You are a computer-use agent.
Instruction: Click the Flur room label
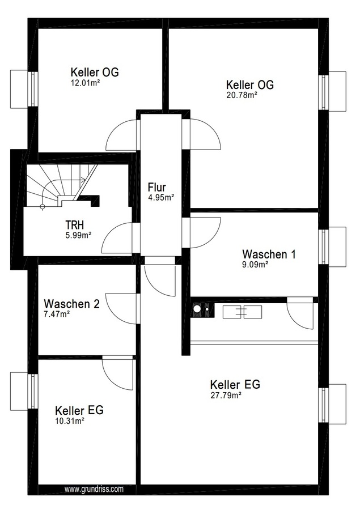pyautogui.click(x=156, y=188)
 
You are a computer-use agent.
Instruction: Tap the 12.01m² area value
pyautogui.click(x=85, y=83)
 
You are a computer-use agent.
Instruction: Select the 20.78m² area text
pyautogui.click(x=242, y=95)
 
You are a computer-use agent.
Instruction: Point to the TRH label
pyautogui.click(x=74, y=225)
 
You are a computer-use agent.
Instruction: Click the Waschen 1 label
pyautogui.click(x=269, y=254)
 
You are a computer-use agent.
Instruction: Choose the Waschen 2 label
pyautogui.click(x=71, y=304)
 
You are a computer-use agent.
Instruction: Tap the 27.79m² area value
pyautogui.click(x=226, y=395)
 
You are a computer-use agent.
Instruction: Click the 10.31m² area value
pyautogui.click(x=70, y=421)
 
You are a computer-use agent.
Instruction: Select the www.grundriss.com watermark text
pyautogui.click(x=94, y=489)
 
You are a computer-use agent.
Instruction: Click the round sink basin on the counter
pyautogui.click(x=197, y=308)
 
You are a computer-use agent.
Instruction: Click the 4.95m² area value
pyautogui.click(x=161, y=197)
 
